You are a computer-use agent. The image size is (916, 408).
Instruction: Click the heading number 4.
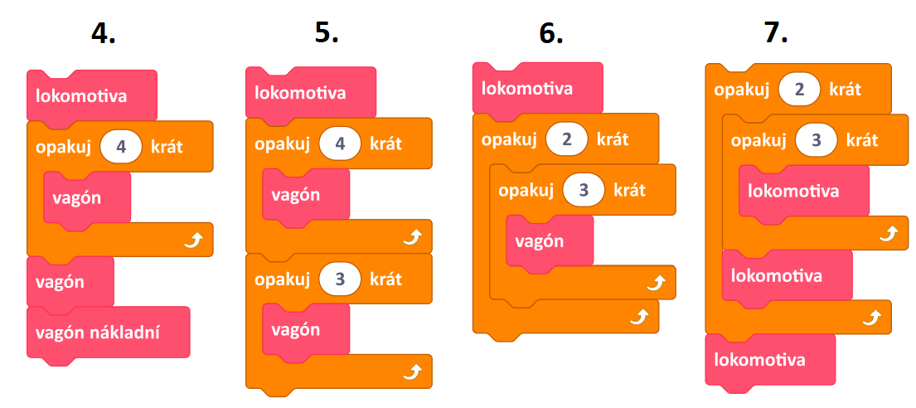click(x=104, y=35)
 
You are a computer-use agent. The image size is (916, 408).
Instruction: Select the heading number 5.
click(x=327, y=33)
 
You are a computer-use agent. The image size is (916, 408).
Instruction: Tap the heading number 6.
click(x=551, y=35)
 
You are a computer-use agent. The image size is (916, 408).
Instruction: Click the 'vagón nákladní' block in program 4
click(x=109, y=332)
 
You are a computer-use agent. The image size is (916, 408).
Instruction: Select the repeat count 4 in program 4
click(x=121, y=146)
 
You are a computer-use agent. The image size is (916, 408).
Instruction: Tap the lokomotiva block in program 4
click(x=92, y=96)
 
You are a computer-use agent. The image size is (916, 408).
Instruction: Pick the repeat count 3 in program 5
click(x=340, y=279)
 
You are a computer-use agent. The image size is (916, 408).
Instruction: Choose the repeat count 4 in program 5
click(x=340, y=143)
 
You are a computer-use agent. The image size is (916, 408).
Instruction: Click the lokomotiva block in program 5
click(x=311, y=92)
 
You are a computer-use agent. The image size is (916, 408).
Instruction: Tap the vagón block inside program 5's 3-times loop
click(x=306, y=329)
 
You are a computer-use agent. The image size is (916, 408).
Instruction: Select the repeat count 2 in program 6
click(x=567, y=139)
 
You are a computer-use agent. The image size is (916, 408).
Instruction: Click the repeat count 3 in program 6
click(x=584, y=191)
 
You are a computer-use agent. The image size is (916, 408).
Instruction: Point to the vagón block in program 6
click(x=550, y=240)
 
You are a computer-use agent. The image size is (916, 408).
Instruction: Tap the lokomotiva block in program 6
click(x=537, y=88)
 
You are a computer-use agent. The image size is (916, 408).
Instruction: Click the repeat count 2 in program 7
click(x=800, y=90)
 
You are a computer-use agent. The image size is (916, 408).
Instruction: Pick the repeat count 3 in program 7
click(x=817, y=140)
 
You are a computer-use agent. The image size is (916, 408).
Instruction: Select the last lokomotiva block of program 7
click(x=771, y=359)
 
